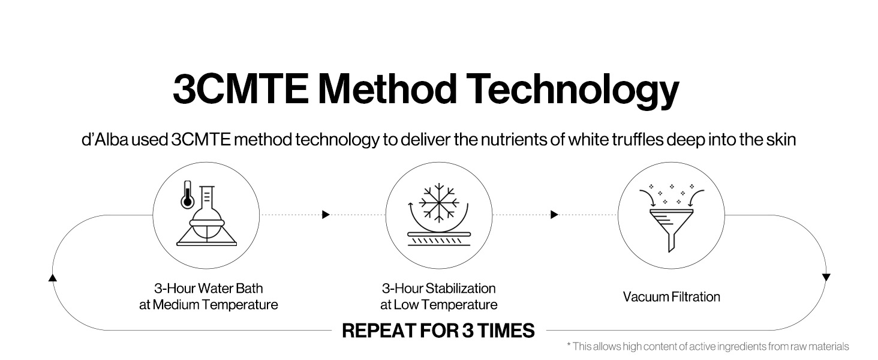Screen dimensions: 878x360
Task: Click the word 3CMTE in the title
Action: point(240,89)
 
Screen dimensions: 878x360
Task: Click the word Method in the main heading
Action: point(387,89)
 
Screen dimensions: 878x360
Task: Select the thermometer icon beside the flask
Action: point(187,194)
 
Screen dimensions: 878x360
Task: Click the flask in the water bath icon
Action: point(206,215)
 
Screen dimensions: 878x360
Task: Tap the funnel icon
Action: point(672,230)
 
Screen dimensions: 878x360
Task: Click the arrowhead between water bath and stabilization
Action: point(326,215)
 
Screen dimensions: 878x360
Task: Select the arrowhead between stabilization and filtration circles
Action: point(554,215)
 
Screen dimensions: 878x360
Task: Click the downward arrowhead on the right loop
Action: point(826,277)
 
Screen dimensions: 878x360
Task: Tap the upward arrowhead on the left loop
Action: point(53,278)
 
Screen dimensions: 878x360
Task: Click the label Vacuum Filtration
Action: point(672,297)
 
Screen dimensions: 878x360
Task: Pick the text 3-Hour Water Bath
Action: point(209,288)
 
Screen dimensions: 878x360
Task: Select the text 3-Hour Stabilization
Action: point(438,288)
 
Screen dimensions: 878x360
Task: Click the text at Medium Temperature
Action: point(209,305)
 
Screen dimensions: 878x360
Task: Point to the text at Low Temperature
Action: point(438,305)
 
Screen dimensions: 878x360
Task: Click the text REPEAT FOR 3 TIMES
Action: point(438,331)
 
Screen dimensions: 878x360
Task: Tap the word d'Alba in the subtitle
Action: point(105,140)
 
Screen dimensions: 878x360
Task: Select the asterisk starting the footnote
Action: point(569,344)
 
